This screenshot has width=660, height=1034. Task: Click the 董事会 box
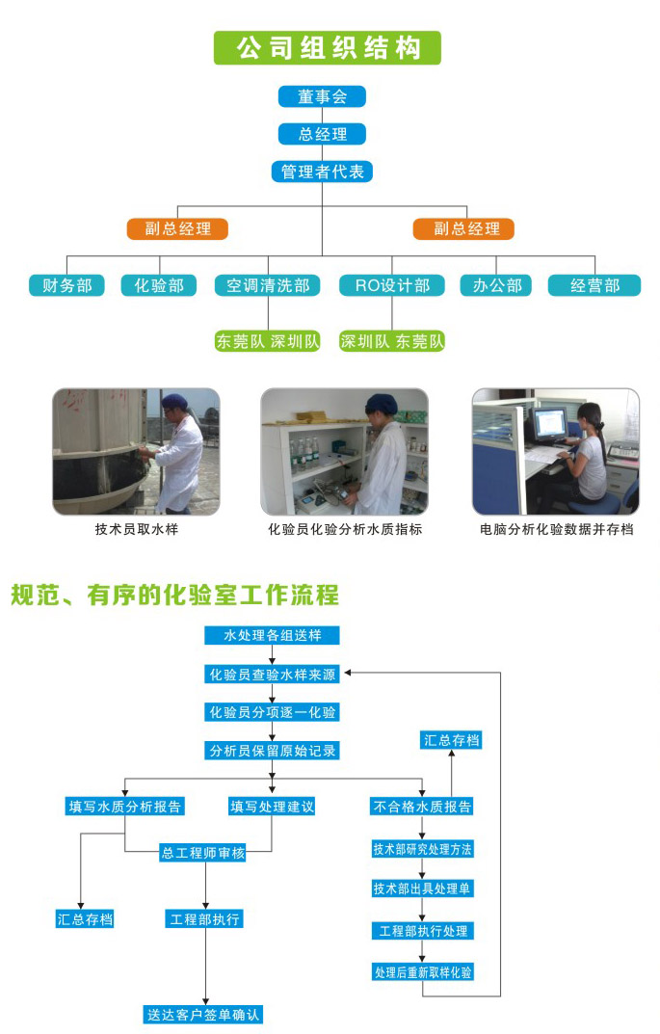(x=322, y=96)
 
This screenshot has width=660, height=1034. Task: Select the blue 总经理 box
(x=322, y=134)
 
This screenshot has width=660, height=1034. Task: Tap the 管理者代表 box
(x=322, y=172)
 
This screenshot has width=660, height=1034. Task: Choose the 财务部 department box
(x=66, y=285)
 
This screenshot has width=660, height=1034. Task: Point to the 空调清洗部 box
(x=268, y=285)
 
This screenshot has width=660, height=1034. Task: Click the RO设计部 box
(x=391, y=285)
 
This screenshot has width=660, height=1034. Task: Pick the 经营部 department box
(x=594, y=285)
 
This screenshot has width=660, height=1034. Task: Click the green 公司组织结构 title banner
(x=327, y=48)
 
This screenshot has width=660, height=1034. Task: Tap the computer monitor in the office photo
(x=551, y=422)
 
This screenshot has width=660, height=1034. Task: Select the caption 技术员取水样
(x=136, y=529)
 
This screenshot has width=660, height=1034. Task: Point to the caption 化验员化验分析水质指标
(x=345, y=529)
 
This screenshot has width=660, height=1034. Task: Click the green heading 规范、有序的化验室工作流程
(x=174, y=595)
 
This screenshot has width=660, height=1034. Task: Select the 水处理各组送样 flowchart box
(x=273, y=636)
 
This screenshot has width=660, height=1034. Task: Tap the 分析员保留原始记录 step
(x=273, y=750)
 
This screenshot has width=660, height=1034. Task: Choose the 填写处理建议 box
(x=272, y=806)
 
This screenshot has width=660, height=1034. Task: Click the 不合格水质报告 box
(x=422, y=807)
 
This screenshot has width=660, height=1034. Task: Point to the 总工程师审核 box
(x=203, y=853)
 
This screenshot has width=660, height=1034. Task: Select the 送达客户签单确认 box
(x=203, y=1014)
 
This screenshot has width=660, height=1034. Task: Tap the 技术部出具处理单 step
(x=422, y=888)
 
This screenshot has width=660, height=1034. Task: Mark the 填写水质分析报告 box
(x=125, y=806)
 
